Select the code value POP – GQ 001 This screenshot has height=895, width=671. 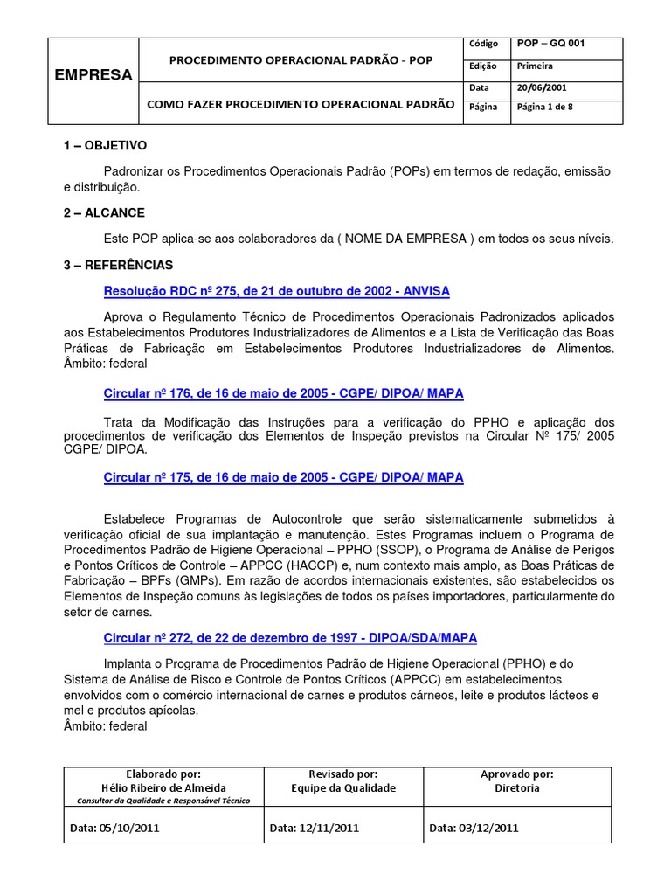click(x=551, y=43)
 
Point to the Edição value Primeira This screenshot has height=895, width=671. click(x=535, y=66)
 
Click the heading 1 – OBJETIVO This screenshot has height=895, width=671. click(x=105, y=145)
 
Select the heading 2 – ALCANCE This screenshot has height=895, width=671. click(x=104, y=212)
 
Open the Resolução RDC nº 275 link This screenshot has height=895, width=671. click(x=276, y=290)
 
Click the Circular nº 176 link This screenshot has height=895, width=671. click(x=283, y=393)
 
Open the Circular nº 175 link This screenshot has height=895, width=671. click(x=283, y=477)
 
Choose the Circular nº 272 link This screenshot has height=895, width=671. click(x=290, y=638)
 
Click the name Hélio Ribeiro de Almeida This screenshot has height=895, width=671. click(x=163, y=787)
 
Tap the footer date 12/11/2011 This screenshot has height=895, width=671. click(x=314, y=828)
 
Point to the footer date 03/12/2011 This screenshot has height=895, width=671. click(x=474, y=828)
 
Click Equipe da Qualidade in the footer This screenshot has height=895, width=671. click(x=343, y=787)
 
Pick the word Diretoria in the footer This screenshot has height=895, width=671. click(x=516, y=787)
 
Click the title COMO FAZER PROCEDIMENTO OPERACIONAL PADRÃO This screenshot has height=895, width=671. click(x=300, y=104)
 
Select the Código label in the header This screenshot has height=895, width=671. click(x=483, y=44)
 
